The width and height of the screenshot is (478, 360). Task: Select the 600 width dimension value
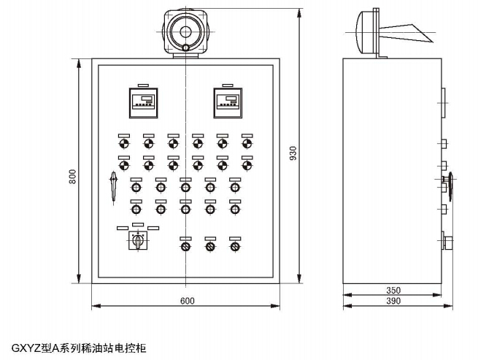point(187,301)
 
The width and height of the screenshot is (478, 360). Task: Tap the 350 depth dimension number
point(393,290)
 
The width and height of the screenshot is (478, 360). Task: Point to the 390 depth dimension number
point(393,301)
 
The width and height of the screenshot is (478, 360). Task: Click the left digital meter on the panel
point(143,102)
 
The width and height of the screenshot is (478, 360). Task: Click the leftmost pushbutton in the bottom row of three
point(185,246)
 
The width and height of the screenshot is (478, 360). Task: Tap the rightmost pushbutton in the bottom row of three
point(234,246)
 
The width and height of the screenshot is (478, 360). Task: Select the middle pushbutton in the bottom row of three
point(210,246)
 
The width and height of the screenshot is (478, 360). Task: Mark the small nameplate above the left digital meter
point(142,83)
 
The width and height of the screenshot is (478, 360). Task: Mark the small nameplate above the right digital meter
point(227,83)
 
